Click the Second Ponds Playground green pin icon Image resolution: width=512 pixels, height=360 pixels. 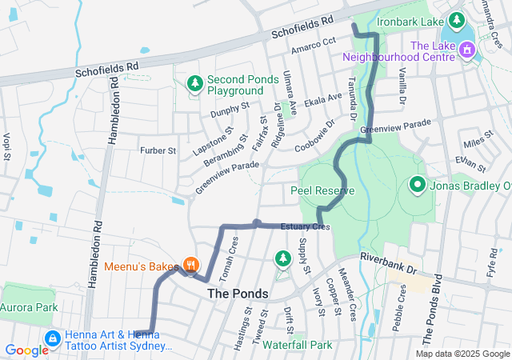tap(194, 83)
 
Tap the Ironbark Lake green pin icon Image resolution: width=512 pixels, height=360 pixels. tap(456, 18)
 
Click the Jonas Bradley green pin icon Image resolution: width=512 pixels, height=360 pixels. tap(417, 186)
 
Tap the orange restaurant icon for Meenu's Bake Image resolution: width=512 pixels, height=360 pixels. tap(190, 263)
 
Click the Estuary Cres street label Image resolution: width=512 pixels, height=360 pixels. tap(305, 227)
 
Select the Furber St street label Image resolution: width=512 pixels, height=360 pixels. tap(158, 150)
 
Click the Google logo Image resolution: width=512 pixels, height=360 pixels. tap(26, 350)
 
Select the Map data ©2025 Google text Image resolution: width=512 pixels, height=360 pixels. tap(462, 354)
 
